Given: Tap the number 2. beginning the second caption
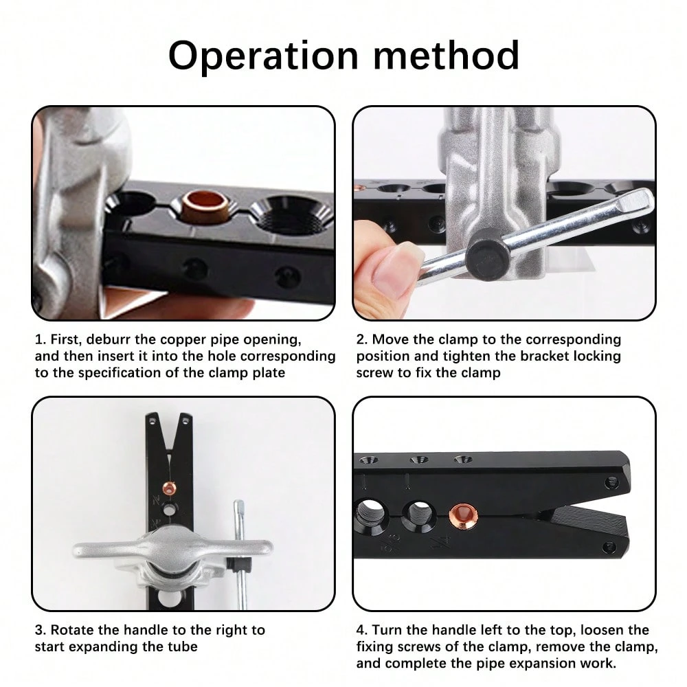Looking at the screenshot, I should (x=361, y=339).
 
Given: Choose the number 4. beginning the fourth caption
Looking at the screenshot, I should (x=361, y=629).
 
